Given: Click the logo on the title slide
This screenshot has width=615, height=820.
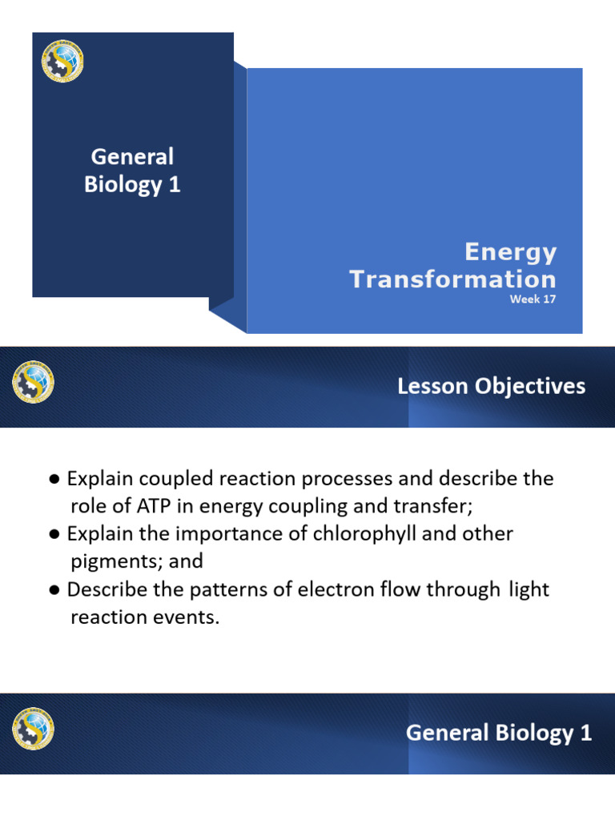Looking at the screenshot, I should [62, 62].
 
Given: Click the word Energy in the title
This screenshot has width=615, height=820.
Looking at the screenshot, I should [511, 253].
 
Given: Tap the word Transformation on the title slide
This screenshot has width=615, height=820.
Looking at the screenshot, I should [453, 279].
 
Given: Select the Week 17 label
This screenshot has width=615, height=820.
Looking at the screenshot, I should [533, 300].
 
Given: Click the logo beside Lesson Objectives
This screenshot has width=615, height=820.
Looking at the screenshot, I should [33, 382].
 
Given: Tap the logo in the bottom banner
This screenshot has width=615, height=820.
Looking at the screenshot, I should [33, 729].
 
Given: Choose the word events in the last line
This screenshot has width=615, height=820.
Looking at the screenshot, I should [191, 617].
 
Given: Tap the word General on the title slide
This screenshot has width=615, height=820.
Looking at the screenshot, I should [132, 157].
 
